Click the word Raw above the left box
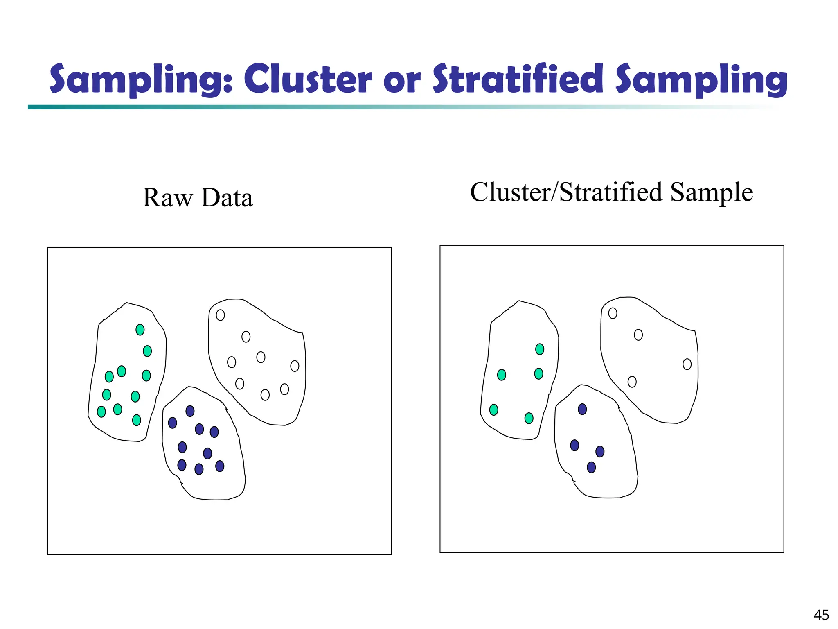coord(167,198)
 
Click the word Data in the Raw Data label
coord(227,198)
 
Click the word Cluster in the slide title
coord(308,79)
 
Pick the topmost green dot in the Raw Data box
coord(140,330)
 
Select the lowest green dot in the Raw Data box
coord(137,420)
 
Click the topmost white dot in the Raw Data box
coord(220,315)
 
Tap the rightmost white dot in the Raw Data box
coord(295,366)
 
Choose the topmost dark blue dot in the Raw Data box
coord(190,411)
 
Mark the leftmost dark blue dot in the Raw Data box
coord(173,423)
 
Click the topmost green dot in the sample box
coord(540,349)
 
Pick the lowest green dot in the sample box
coord(529,418)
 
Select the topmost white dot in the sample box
coord(613,313)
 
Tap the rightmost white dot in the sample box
coord(687,364)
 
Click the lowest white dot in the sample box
coord(632,382)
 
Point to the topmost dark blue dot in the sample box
coord(582,409)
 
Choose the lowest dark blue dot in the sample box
coord(591,467)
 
